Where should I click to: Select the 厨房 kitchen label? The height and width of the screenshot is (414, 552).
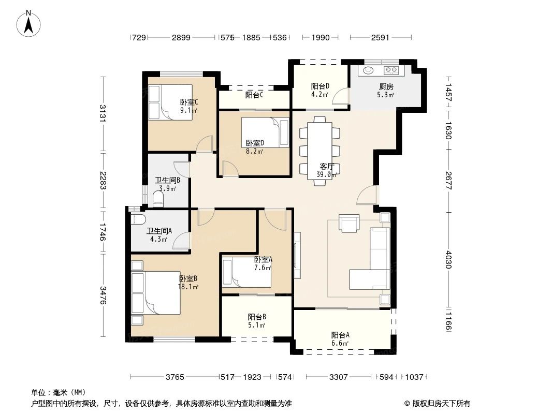pos(386,86)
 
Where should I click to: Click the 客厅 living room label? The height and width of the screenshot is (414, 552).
pos(327,166)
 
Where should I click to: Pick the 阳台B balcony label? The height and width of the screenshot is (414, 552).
pos(257,317)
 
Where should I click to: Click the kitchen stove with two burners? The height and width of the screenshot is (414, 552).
pos(390,70)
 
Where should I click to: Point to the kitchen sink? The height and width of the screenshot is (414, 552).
pos(369,70)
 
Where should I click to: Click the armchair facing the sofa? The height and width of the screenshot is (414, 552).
pos(348,223)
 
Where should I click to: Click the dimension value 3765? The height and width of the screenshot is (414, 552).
pos(176,377)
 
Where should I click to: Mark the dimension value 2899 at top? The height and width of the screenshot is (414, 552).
pos(182,37)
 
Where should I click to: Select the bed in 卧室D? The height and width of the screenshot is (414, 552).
pos(264,132)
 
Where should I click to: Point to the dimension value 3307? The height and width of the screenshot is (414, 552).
pos(338,377)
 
